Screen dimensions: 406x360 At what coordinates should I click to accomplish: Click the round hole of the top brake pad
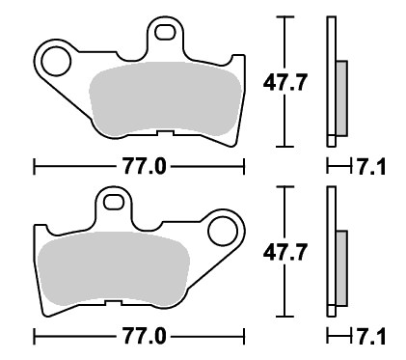(56, 62)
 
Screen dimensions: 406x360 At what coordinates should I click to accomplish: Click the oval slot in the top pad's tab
(165, 33)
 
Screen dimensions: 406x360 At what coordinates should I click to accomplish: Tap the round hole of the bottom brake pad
(223, 232)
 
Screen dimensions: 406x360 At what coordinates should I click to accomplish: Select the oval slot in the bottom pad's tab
(114, 203)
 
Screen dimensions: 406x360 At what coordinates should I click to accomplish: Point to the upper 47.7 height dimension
(284, 82)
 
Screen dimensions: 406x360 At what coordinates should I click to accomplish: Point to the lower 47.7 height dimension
(284, 252)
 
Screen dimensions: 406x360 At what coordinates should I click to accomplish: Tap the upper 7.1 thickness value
(371, 167)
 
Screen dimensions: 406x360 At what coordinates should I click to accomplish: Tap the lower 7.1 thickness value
(371, 338)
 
